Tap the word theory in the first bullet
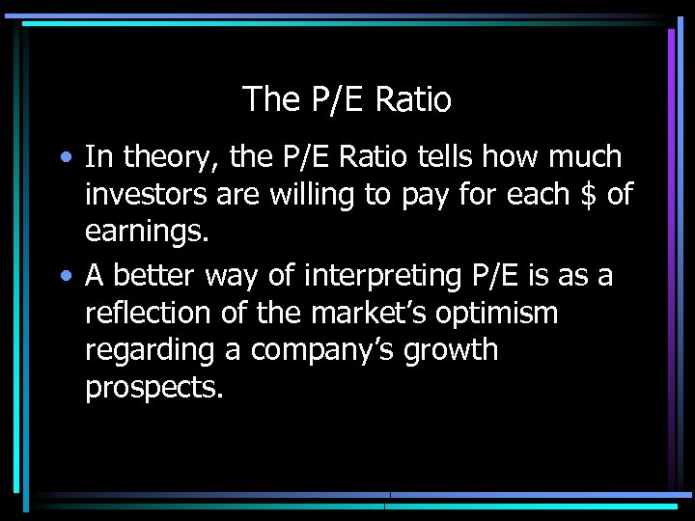pos(158,156)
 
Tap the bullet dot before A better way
pos(63,276)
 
